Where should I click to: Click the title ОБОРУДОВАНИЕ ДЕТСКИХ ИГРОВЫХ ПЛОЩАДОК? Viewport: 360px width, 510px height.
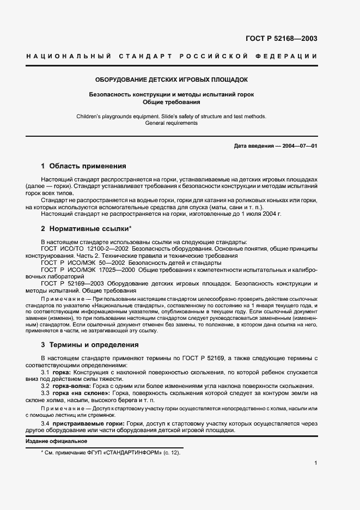[172, 80]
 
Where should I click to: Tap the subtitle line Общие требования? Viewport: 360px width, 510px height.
[172, 102]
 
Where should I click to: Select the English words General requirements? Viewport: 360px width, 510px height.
[172, 123]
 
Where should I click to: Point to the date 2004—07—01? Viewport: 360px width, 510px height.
[298, 146]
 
